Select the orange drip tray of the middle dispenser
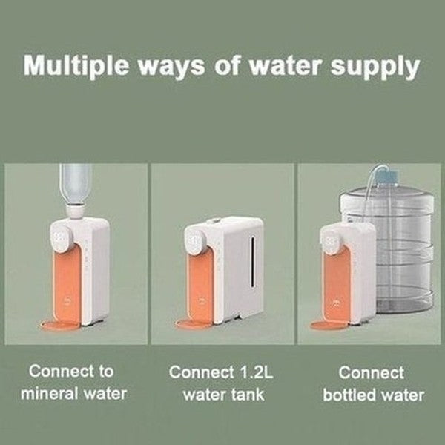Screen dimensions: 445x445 194,324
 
